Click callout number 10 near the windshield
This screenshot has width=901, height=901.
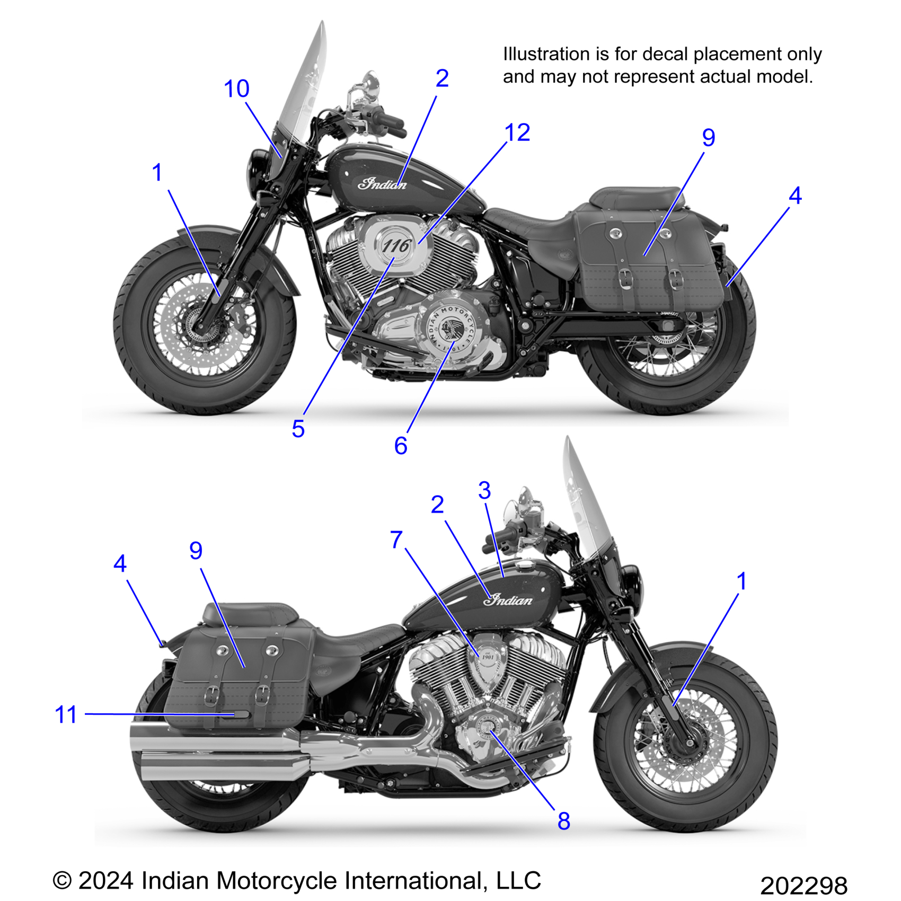pyautogui.click(x=236, y=89)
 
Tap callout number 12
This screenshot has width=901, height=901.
pyautogui.click(x=517, y=132)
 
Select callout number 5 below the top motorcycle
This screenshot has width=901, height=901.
pyautogui.click(x=298, y=428)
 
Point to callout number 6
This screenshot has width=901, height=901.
pyautogui.click(x=401, y=446)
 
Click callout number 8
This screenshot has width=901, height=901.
pyautogui.click(x=563, y=821)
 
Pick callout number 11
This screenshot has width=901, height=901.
pyautogui.click(x=66, y=714)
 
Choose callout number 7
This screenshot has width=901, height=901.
pyautogui.click(x=396, y=540)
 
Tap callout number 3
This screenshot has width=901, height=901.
pyautogui.click(x=484, y=490)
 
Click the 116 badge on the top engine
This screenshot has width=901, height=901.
pyautogui.click(x=396, y=246)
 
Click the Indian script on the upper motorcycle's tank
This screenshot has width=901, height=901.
pyautogui.click(x=382, y=184)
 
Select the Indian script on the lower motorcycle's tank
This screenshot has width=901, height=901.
pyautogui.click(x=508, y=600)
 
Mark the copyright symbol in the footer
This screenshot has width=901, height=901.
pyautogui.click(x=62, y=880)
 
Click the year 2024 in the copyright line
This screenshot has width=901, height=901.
pyautogui.click(x=106, y=880)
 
